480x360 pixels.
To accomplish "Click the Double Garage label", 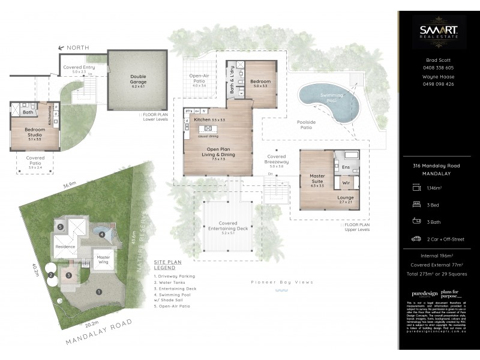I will pyautogui.click(x=137, y=79).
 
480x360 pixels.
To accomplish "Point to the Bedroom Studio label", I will pyautogui.click(x=35, y=132).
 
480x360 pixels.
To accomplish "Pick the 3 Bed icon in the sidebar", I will pyautogui.click(x=415, y=205).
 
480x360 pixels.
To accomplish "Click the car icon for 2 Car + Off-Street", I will pyautogui.click(x=415, y=239).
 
